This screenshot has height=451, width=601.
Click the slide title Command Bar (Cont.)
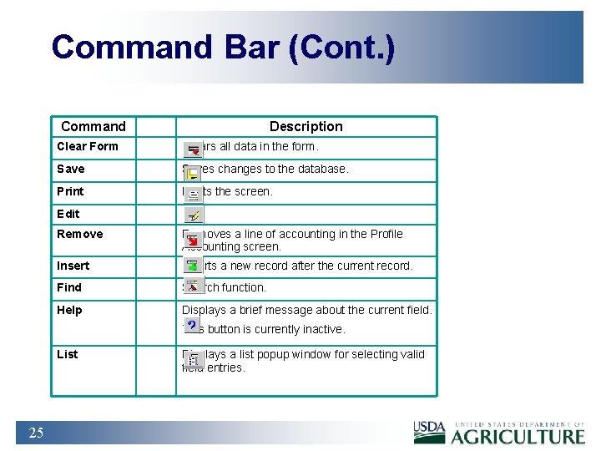point(223,48)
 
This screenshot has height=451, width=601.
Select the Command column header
point(93,127)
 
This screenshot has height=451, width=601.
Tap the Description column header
point(306,127)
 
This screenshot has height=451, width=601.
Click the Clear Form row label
point(88,147)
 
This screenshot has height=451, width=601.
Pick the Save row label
point(71,170)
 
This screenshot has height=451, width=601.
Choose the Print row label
point(71,192)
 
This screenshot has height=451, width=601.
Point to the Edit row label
point(68,214)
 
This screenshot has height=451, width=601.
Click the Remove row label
point(80,235)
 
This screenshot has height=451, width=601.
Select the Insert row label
point(73,266)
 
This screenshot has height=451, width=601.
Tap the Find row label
point(69,288)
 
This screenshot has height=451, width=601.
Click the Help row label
point(70,311)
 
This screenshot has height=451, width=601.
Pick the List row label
point(68,355)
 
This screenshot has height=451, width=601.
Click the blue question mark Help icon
point(192,324)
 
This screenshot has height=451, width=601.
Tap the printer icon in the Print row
point(193,195)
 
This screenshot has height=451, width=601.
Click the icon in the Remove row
point(193,241)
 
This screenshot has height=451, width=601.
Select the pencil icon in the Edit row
point(193,215)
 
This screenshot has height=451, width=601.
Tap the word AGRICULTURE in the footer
point(518,436)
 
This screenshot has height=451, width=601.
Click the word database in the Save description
point(320,170)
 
